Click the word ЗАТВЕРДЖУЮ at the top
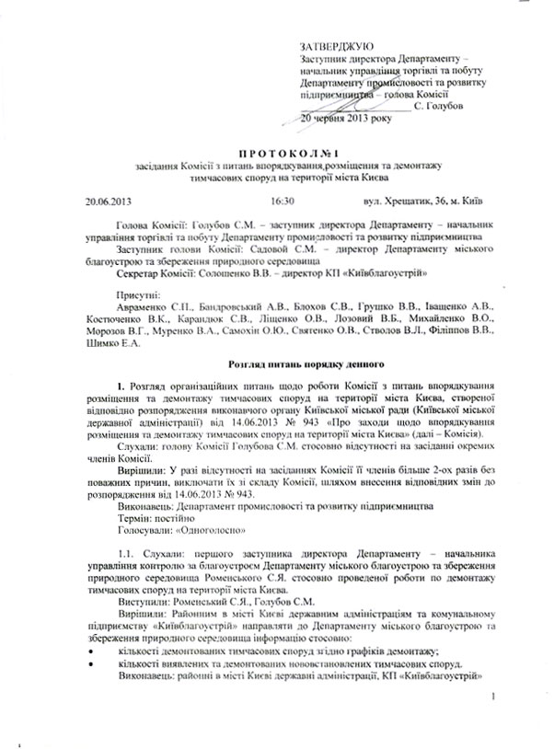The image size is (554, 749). click(x=336, y=46)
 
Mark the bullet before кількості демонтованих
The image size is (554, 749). click(x=89, y=650)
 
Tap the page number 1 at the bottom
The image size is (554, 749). click(x=494, y=724)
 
